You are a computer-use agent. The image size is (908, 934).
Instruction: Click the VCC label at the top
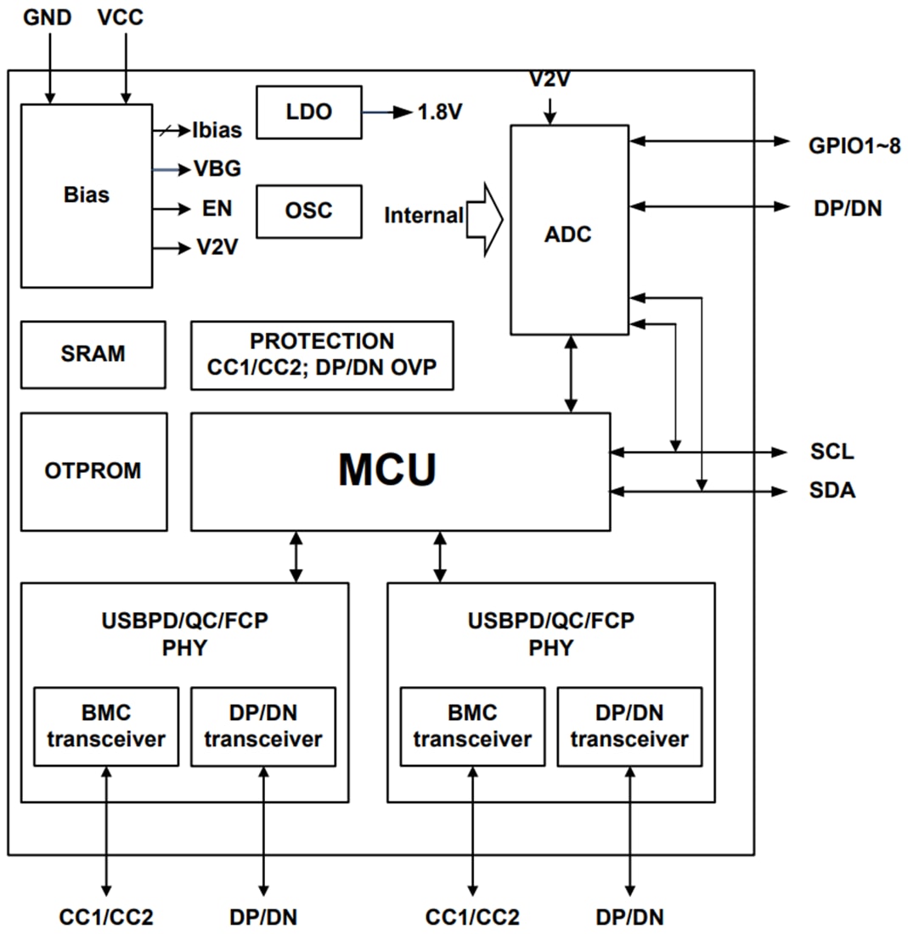coord(121,16)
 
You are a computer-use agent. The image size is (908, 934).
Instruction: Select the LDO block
coord(308,111)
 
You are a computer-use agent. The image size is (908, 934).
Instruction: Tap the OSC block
coord(308,211)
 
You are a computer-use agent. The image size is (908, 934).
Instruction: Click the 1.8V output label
coord(439,112)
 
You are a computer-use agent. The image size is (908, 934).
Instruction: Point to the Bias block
coord(86,194)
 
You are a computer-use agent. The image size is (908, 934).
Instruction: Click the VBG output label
coord(217,169)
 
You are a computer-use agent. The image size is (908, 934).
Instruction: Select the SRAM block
coord(93,354)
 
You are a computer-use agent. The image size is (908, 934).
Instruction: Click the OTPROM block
coord(93,470)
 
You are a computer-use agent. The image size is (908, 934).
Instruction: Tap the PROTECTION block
coord(322,354)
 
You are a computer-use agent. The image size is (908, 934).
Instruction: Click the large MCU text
coord(387,470)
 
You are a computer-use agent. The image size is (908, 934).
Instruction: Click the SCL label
coord(832,451)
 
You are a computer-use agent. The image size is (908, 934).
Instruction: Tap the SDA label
coord(832,491)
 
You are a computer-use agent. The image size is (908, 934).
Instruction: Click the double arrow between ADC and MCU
coord(570,374)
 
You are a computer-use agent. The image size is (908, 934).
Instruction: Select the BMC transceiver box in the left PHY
coord(106,727)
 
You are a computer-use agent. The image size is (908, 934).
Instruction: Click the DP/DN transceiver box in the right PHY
coord(629,727)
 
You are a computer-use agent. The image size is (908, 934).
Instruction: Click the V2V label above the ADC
coord(549,81)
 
